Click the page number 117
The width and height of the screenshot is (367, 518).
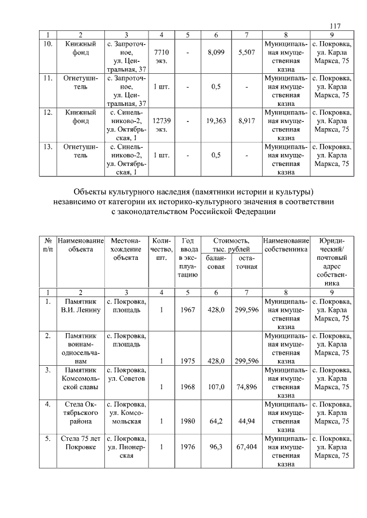335,26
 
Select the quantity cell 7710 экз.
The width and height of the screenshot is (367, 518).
161,56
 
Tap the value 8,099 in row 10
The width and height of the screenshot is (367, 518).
216,52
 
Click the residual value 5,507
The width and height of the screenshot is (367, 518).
246,52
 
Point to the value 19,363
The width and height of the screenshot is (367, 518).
216,121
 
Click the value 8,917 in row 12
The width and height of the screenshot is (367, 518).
246,121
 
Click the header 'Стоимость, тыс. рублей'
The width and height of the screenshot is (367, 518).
231,246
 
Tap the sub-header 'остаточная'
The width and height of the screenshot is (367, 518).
246,262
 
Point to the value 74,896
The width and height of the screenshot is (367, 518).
246,386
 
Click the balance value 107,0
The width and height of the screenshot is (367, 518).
216,386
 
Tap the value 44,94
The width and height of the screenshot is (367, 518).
246,421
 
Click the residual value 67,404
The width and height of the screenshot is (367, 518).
246,447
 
